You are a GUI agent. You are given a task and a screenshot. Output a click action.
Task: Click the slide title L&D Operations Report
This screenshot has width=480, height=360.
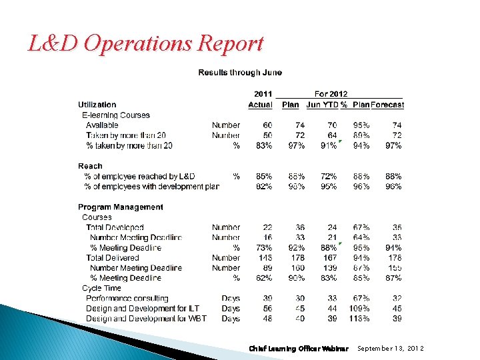[x=145, y=44]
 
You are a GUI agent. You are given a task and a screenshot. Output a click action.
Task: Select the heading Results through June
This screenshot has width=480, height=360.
[x=240, y=73]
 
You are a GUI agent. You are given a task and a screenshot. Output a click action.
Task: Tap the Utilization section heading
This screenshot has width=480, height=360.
[x=97, y=105]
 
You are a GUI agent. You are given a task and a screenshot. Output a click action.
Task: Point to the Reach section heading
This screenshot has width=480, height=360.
[x=90, y=166]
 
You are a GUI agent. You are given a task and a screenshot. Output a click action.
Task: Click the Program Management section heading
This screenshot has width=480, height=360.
[x=121, y=207]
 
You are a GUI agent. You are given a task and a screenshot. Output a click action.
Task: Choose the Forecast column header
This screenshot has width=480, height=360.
[x=387, y=105]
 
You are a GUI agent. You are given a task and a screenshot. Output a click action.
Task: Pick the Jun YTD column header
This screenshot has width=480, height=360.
[x=323, y=105]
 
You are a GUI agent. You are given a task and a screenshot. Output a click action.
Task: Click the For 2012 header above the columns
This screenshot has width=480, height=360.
[x=331, y=94]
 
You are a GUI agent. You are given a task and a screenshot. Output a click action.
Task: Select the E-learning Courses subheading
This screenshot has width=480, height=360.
[x=116, y=115]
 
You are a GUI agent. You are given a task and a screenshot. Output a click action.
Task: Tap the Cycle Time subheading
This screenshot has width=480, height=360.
[x=101, y=289]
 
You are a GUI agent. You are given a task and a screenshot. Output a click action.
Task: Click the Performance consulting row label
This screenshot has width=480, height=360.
[x=127, y=299]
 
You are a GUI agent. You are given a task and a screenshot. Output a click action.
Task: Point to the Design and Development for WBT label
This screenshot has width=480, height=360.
[x=146, y=319]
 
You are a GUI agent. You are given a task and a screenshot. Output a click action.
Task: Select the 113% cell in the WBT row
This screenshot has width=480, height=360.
[x=361, y=319]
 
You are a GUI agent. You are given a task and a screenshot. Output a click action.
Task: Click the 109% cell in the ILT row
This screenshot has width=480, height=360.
[x=361, y=309]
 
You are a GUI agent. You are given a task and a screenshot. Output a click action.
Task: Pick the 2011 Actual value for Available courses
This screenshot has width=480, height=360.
[x=267, y=125]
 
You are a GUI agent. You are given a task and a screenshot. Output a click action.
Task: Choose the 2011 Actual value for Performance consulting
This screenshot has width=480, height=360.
[x=267, y=299]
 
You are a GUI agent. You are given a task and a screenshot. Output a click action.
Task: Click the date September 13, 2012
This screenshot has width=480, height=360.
[x=391, y=349]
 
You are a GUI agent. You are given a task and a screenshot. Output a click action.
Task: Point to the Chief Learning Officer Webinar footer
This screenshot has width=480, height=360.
[x=299, y=349]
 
